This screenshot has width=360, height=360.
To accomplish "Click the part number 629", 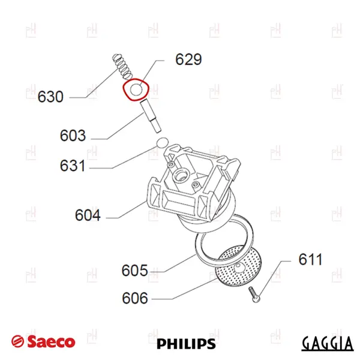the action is [188, 59].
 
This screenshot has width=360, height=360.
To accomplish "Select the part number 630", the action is [50, 97].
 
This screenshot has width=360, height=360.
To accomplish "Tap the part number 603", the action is [73, 136].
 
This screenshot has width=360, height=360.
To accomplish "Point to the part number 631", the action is [73, 166].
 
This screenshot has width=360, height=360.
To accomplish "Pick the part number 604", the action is [88, 215].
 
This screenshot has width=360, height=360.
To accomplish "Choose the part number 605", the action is [134, 270].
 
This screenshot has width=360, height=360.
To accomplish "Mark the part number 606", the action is [135, 298].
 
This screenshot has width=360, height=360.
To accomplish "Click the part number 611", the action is [310, 259].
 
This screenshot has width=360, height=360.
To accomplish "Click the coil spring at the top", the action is [122, 66].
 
